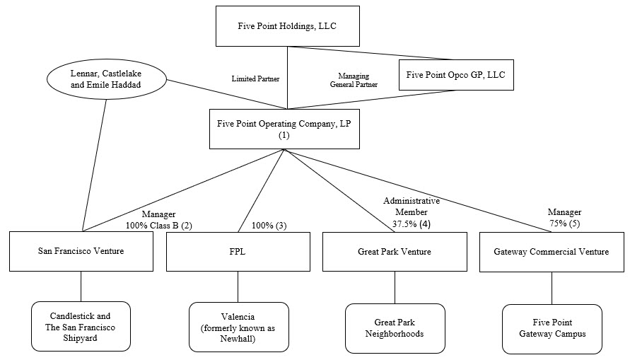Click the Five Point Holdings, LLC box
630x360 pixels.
click(x=288, y=25)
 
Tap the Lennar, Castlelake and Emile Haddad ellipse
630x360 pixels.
click(x=106, y=79)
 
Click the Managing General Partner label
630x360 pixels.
click(x=354, y=79)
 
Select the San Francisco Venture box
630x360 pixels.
click(x=81, y=252)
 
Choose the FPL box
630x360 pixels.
click(x=238, y=252)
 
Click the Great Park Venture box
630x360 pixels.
click(x=394, y=252)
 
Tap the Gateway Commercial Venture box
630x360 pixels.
click(x=552, y=252)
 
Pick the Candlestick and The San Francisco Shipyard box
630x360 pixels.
click(x=81, y=326)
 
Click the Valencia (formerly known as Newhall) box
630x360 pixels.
click(x=238, y=327)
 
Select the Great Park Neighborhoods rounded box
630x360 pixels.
click(x=395, y=327)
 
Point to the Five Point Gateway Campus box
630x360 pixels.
click(x=552, y=328)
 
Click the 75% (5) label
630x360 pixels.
click(x=564, y=224)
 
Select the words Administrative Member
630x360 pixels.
click(x=412, y=207)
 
